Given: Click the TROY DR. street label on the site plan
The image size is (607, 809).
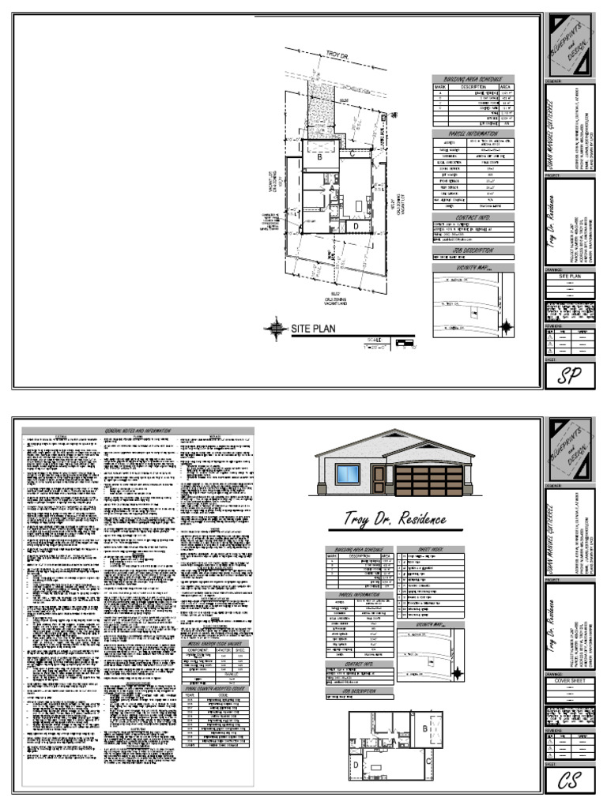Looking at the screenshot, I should [x=337, y=55].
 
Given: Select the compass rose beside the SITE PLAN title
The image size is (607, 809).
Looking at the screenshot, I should [x=276, y=327].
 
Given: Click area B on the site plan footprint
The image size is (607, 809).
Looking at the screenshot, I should [x=320, y=157].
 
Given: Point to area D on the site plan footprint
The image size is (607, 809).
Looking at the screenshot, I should [x=356, y=226].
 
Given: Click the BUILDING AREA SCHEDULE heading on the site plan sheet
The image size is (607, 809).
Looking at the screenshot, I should [x=473, y=80].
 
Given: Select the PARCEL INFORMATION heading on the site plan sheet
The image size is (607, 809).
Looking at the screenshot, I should [x=473, y=134].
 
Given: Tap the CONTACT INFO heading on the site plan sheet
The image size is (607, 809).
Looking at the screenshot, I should [x=473, y=216].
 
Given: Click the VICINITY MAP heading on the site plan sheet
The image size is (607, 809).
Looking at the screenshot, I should [x=473, y=268].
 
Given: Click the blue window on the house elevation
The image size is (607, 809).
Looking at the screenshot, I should [x=347, y=475].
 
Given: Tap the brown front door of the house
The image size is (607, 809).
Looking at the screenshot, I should [x=379, y=480].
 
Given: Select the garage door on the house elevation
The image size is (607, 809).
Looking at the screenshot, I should [x=428, y=480].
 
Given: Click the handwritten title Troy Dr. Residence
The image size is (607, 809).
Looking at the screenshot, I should [x=395, y=519].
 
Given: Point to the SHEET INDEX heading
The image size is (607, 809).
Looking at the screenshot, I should [x=430, y=549].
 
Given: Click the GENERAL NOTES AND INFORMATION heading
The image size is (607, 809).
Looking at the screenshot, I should [x=138, y=431].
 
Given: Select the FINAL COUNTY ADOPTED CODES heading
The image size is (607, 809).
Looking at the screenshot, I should [x=216, y=688].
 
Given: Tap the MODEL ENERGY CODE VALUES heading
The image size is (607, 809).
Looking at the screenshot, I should [x=216, y=642].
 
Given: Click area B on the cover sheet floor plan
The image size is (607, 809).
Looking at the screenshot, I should [x=425, y=727].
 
